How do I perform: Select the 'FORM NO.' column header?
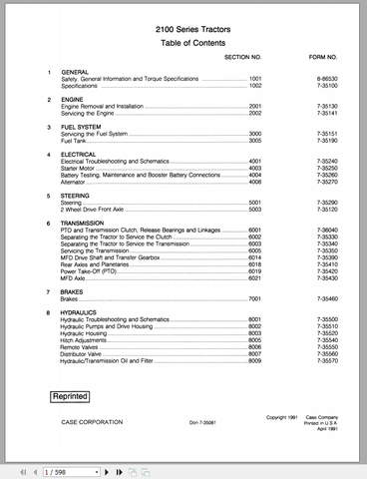311,58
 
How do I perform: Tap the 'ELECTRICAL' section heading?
82,154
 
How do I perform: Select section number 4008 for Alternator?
254,183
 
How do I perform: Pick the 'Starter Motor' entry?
83,169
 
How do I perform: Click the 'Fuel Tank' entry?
76,141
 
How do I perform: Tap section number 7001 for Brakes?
254,297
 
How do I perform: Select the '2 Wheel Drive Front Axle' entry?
101,210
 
